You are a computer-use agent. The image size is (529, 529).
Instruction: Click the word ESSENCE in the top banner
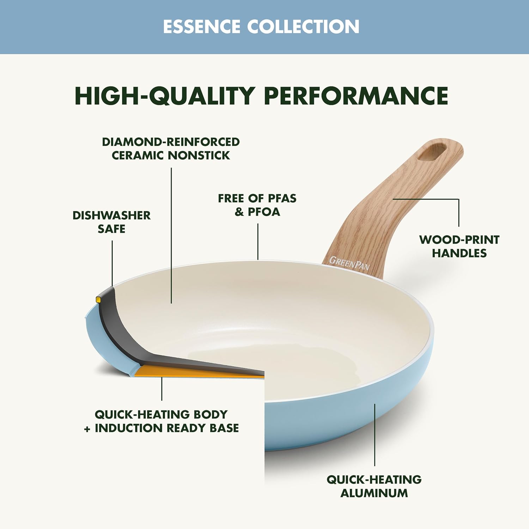click(x=202, y=27)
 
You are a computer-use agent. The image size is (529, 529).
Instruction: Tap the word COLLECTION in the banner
click(x=303, y=27)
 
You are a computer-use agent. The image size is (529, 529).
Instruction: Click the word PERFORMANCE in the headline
click(x=356, y=96)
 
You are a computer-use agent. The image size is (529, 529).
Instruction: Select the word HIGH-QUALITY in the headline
click(x=165, y=96)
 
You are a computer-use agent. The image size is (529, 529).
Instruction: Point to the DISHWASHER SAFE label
click(x=111, y=222)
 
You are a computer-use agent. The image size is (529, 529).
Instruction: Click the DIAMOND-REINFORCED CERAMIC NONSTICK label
click(x=171, y=148)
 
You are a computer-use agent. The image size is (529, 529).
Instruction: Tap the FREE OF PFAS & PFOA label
click(x=257, y=205)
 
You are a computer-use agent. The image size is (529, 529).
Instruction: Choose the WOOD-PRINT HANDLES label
click(x=459, y=246)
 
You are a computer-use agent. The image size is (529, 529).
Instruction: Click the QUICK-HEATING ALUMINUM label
click(x=374, y=486)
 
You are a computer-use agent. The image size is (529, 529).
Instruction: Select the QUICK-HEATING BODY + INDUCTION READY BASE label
click(x=162, y=421)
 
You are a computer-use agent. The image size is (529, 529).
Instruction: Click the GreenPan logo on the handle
click(x=349, y=263)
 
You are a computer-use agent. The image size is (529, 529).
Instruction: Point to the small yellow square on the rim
click(x=98, y=299)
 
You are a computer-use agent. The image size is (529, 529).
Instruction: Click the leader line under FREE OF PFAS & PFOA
click(x=258, y=242)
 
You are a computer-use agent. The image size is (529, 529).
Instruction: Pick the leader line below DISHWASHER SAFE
click(x=112, y=263)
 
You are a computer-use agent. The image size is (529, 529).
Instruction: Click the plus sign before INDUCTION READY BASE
click(x=87, y=428)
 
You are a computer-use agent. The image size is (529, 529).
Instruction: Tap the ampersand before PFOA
click(x=239, y=212)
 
